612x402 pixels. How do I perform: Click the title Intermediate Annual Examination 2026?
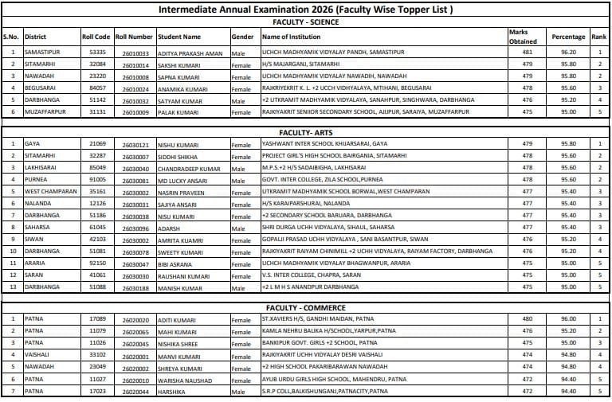(306, 10)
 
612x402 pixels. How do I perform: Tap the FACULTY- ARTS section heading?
(305, 131)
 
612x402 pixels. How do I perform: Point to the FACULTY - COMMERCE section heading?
(305, 306)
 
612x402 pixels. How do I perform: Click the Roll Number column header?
(134, 37)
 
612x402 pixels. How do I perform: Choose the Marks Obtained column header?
(523, 37)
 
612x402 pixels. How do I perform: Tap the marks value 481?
(526, 52)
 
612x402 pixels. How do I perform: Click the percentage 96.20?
(568, 52)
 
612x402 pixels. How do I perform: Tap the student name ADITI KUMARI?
(175, 319)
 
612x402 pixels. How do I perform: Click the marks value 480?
(526, 319)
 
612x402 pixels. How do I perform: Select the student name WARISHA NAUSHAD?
(184, 379)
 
